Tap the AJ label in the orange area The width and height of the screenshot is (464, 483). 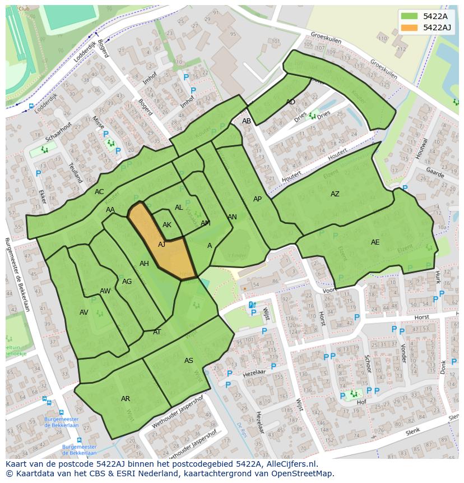click(162, 245)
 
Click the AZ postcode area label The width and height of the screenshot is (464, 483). click(335, 194)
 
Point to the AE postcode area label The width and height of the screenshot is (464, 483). click(375, 242)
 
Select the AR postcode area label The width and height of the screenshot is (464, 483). click(126, 399)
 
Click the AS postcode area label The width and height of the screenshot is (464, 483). click(189, 361)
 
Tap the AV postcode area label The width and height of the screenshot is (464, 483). click(84, 312)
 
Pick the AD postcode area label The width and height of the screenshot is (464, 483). click(290, 102)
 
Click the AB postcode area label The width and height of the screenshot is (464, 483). click(247, 121)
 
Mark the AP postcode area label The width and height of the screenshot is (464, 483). click(257, 199)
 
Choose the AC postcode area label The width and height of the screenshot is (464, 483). click(99, 192)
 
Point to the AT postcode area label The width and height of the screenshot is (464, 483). click(157, 332)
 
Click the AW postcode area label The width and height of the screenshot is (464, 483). click(105, 291)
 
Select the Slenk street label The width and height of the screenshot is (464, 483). click(412, 431)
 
